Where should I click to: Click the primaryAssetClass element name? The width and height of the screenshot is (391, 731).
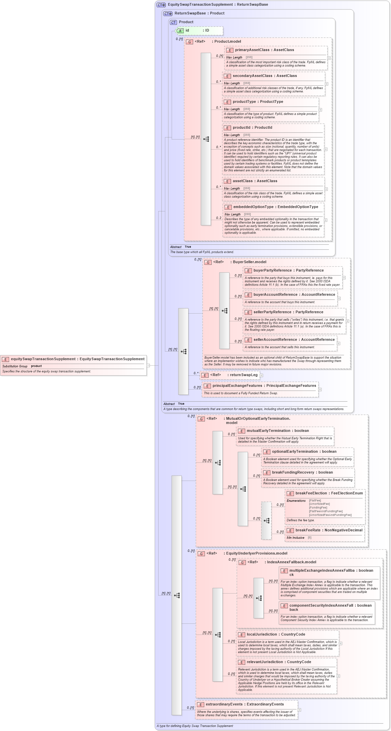coord(252,50)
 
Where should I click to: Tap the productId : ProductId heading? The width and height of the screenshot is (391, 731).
coord(252,127)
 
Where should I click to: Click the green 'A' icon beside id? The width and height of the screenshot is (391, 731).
coord(180,31)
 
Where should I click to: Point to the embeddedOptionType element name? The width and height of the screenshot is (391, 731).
coord(253,207)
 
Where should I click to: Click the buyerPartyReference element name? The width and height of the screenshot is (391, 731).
coord(272,270)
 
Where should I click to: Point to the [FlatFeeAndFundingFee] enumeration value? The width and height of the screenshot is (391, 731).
coord(325,511)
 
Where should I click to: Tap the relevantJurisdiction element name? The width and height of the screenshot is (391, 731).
coord(265,662)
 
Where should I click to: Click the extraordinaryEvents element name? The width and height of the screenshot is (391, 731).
coord(224,704)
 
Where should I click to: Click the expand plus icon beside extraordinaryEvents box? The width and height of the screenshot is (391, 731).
coord(299,710)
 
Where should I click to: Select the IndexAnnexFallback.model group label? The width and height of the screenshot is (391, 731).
coord(291,562)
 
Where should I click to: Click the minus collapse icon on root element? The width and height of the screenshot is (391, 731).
coord(148,365)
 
